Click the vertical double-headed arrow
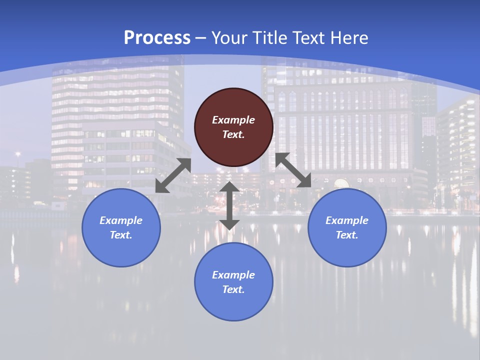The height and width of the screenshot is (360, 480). [229, 205]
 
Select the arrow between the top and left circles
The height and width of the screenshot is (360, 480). [173, 175]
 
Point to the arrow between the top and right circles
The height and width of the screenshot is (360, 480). [293, 170]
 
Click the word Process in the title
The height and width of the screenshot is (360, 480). [157, 37]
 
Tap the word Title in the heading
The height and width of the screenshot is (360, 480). [270, 37]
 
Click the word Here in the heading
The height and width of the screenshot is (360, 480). [349, 37]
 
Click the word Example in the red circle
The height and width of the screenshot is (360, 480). [233, 120]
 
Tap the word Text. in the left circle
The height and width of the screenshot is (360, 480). [121, 235]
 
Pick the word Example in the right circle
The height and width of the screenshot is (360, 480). [347, 220]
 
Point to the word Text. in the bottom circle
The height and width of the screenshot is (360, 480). [233, 289]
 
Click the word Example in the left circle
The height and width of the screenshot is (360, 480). [121, 220]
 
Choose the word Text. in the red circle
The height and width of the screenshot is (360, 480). [233, 134]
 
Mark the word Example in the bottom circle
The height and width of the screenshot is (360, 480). [233, 275]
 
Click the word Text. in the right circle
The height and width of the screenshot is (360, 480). [347, 235]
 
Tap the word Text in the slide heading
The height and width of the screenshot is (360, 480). [309, 37]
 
